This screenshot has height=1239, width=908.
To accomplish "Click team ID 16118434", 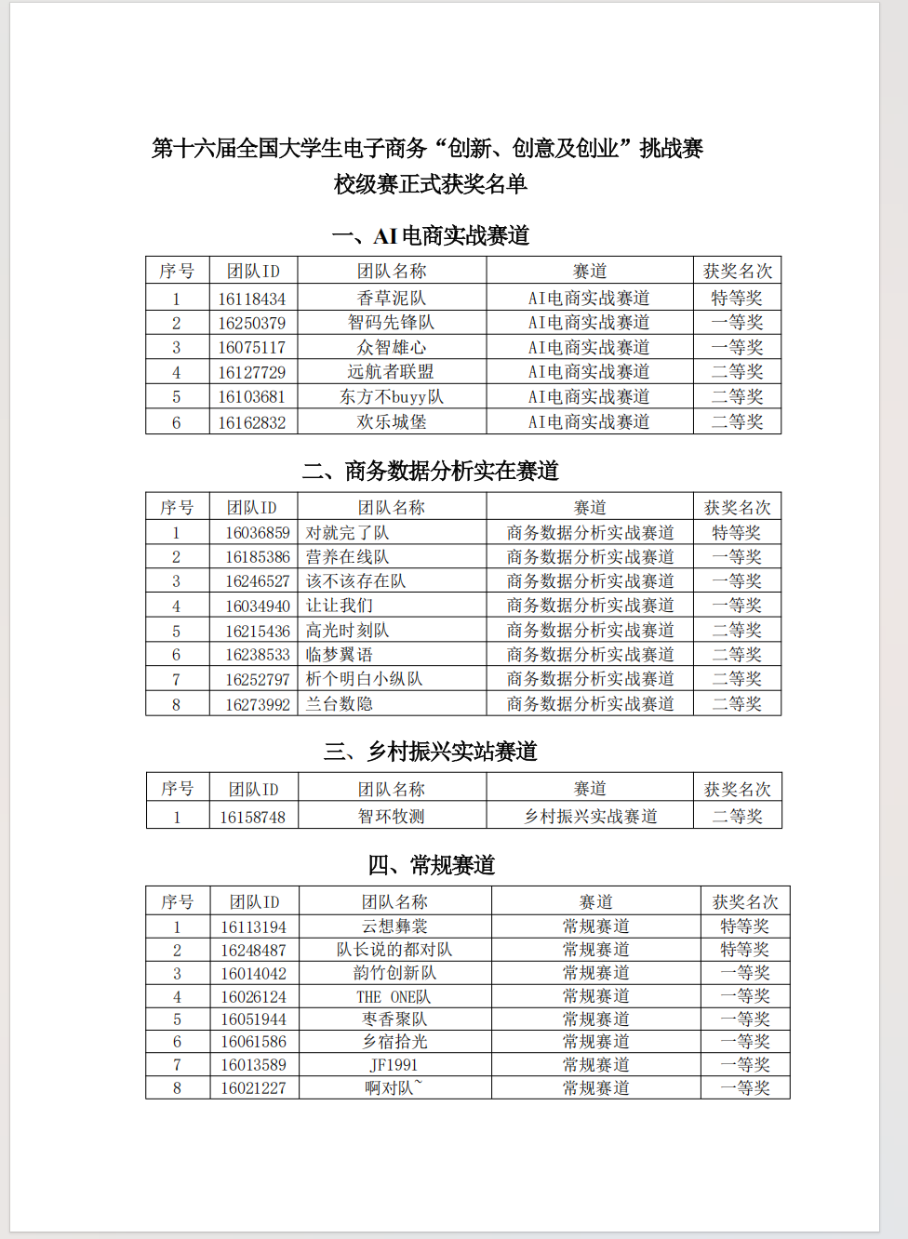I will [252, 299].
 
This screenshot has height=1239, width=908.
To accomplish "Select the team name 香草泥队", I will [392, 299].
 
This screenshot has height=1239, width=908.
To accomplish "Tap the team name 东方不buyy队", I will [392, 397].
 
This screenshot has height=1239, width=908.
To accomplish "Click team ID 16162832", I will [252, 422].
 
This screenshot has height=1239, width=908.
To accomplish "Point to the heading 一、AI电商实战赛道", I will [431, 236].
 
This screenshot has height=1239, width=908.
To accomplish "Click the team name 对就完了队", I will [348, 533].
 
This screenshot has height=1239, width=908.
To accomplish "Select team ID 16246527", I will [258, 581].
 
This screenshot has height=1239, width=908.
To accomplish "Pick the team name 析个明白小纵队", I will [364, 679].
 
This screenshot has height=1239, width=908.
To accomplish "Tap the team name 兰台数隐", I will [340, 704].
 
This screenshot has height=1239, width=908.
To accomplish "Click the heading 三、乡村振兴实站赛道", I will [431, 752].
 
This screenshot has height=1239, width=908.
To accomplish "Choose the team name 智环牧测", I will [392, 817].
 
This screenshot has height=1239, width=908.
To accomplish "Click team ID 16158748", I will [253, 818].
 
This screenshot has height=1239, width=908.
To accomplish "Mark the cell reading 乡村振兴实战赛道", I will [591, 817].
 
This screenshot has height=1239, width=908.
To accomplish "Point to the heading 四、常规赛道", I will [431, 866].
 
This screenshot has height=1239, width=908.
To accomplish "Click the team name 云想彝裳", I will [394, 926].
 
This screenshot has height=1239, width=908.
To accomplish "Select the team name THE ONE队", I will [394, 997].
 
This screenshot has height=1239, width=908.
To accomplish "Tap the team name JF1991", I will [394, 1065].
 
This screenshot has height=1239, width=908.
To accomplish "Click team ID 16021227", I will [254, 1088].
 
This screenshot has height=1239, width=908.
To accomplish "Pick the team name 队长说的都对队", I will [394, 950].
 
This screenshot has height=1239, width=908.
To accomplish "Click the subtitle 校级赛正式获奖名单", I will [431, 184].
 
